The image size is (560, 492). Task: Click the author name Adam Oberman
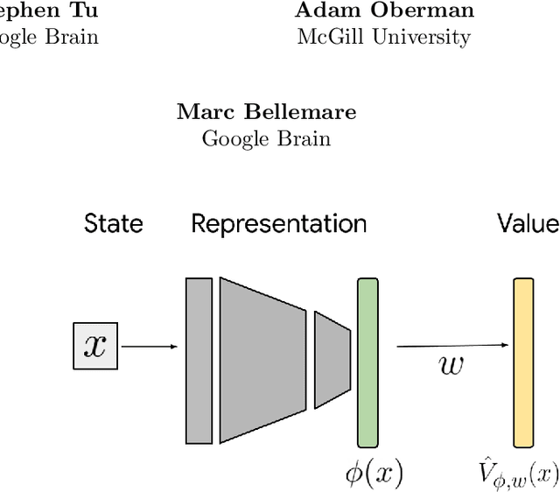point(384,11)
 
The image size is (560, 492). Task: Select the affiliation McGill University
point(383,37)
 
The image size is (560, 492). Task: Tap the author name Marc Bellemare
point(267,112)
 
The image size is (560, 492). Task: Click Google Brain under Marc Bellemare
point(266,138)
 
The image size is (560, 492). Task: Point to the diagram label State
point(113,224)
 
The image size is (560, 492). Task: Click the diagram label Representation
point(279,224)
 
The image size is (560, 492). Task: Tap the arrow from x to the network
point(150,347)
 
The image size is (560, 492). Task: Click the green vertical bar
point(367,362)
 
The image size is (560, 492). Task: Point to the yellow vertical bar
point(523,362)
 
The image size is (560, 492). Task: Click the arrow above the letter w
point(452,346)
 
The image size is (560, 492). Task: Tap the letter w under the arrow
point(451,365)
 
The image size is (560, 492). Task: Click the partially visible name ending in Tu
point(48,11)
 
